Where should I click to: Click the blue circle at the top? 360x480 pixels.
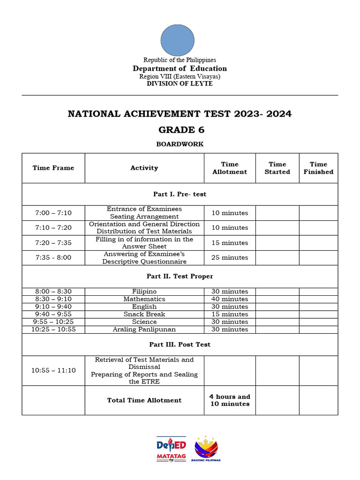[x=177, y=40]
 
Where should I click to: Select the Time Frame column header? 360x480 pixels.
[x=53, y=168]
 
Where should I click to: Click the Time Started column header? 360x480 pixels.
[x=277, y=168]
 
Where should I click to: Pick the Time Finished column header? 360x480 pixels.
[x=318, y=168]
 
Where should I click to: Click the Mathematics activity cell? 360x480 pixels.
[x=144, y=299]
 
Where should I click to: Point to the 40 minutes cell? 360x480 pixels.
[x=230, y=299]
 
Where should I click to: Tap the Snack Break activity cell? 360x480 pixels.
[x=144, y=314]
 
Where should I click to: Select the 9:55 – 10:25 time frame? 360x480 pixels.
[x=53, y=322]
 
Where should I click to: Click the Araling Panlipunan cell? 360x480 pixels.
[x=144, y=330]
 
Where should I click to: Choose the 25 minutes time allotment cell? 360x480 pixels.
[x=230, y=257]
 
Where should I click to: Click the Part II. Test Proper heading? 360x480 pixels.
[x=180, y=277]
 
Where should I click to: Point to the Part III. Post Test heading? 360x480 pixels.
[x=180, y=345]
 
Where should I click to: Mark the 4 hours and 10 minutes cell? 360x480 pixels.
[x=230, y=400]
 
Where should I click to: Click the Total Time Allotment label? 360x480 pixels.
[x=144, y=400]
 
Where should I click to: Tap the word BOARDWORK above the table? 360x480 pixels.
[x=180, y=144]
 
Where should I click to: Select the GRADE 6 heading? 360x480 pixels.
[x=180, y=130]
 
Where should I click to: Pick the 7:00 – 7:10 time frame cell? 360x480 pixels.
[x=53, y=213]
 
